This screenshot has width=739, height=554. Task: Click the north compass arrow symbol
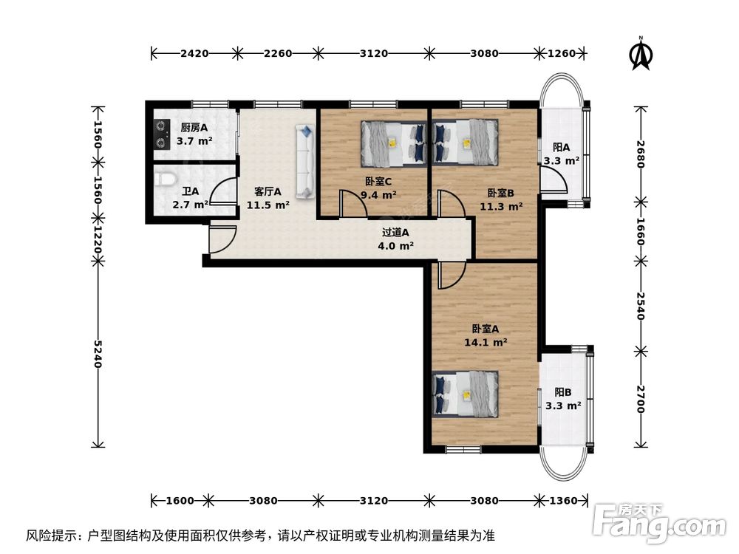[x=640, y=55]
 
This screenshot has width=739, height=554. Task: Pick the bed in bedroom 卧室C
[x=393, y=143]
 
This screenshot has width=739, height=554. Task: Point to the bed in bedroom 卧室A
[x=465, y=394]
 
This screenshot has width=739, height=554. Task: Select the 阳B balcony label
[x=563, y=392]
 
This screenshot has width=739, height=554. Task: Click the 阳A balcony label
[x=562, y=147]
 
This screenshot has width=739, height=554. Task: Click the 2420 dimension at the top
[x=194, y=52]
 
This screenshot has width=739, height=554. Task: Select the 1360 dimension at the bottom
[x=563, y=500]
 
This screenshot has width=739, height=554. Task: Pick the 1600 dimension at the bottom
[x=180, y=500]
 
